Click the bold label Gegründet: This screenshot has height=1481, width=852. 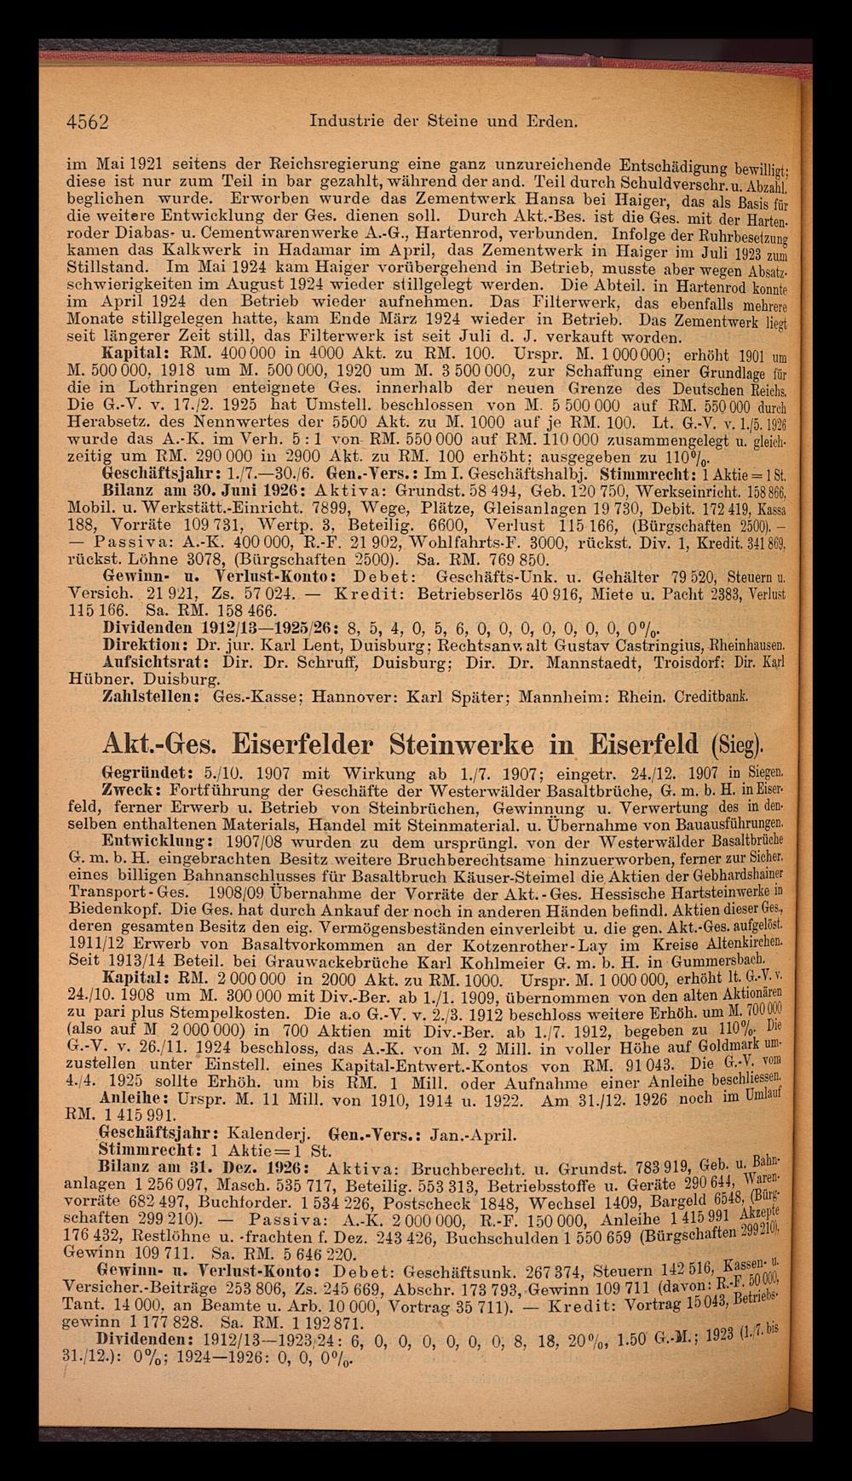(x=150, y=775)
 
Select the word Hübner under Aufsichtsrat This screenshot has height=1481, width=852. (x=95, y=679)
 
